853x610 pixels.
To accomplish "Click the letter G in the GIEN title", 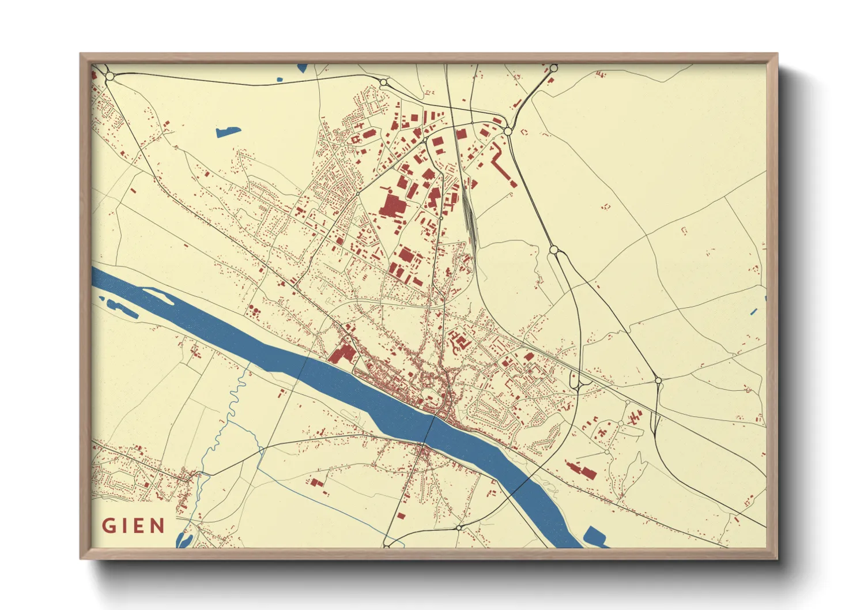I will pos(108,526).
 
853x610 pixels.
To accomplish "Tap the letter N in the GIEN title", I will pos(157,526).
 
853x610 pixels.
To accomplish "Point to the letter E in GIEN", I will pos(139,526).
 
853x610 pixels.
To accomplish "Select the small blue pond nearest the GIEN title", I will pos(184,540).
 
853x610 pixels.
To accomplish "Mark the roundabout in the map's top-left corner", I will pos(110,76).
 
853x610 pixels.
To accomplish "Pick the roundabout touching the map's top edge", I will pos(553,68).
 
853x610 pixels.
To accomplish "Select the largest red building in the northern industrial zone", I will pos(392,205).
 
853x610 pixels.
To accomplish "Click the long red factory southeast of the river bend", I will pos(582,470).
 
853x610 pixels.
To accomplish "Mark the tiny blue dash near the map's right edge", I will pos(754,312).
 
